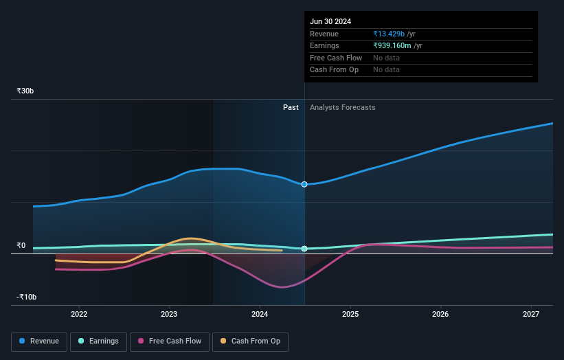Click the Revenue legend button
tap(39, 341)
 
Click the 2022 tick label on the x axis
tap(79, 314)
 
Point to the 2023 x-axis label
tap(169, 314)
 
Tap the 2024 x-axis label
tap(260, 314)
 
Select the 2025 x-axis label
tap(350, 314)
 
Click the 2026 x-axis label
tap(440, 314)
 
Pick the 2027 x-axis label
tap(531, 314)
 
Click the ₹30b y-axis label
tap(25, 91)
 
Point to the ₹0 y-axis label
tap(21, 245)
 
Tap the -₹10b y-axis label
tap(26, 297)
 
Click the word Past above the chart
tap(291, 107)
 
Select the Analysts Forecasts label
tap(343, 107)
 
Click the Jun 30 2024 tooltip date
tap(330, 21)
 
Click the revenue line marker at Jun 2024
tap(304, 184)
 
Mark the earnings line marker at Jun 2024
tap(304, 249)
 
